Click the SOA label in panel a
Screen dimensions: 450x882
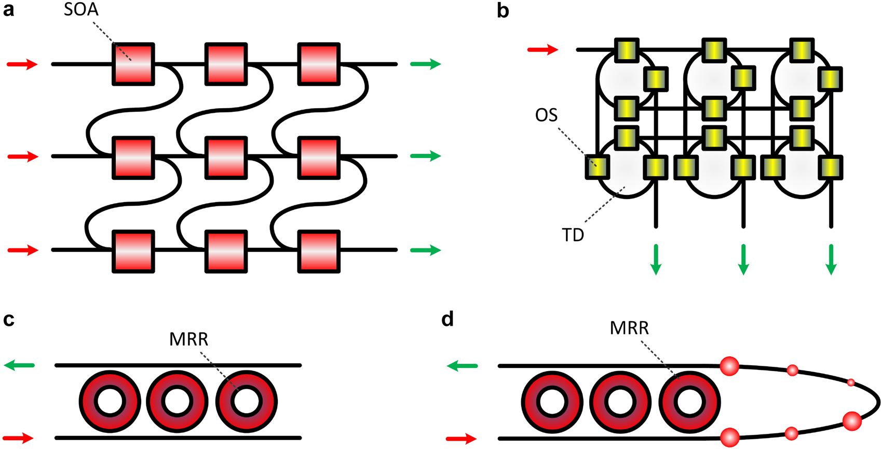(81, 10)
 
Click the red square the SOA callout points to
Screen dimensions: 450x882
(133, 64)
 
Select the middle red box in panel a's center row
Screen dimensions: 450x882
(226, 157)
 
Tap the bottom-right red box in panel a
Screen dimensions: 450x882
(318, 251)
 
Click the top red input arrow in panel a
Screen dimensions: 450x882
(22, 64)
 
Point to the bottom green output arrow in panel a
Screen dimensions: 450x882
(425, 250)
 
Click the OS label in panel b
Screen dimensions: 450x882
(546, 115)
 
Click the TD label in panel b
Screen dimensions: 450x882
(573, 235)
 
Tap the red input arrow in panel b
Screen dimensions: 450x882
(542, 50)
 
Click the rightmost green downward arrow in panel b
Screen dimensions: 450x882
(831, 259)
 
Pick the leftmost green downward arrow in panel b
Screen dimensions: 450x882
(656, 259)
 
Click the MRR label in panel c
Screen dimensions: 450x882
(188, 339)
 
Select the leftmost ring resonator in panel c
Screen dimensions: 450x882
(110, 402)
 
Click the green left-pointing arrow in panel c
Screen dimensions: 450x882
(19, 366)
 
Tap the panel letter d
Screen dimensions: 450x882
(447, 319)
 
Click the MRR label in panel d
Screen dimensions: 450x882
(629, 328)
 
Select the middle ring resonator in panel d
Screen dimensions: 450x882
(620, 402)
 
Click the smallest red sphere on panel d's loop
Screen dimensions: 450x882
(851, 383)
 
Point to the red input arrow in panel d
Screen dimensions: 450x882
(462, 439)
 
